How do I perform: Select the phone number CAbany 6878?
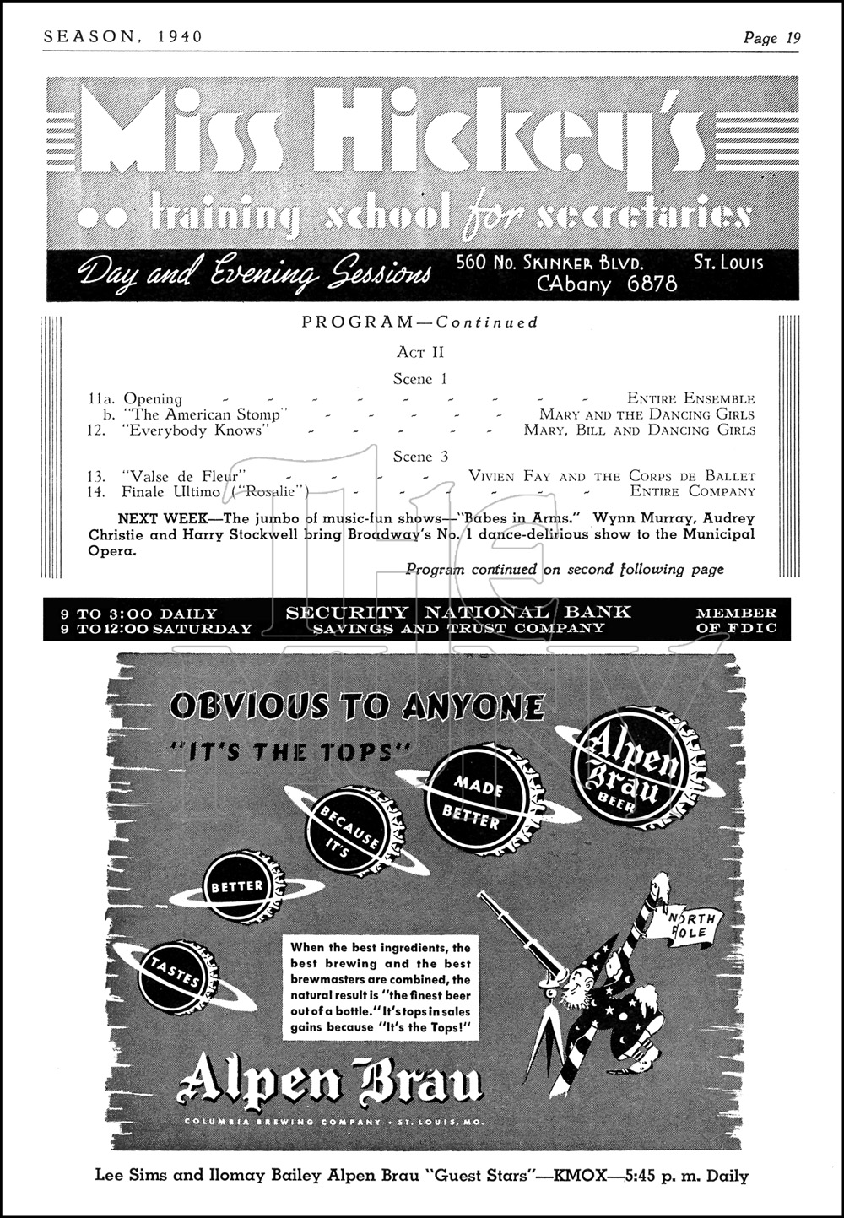point(607,284)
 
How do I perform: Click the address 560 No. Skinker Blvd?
point(549,262)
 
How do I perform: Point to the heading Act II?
point(420,352)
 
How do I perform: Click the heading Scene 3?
point(420,457)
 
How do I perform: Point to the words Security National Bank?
point(458,613)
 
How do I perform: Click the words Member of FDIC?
point(735,620)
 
